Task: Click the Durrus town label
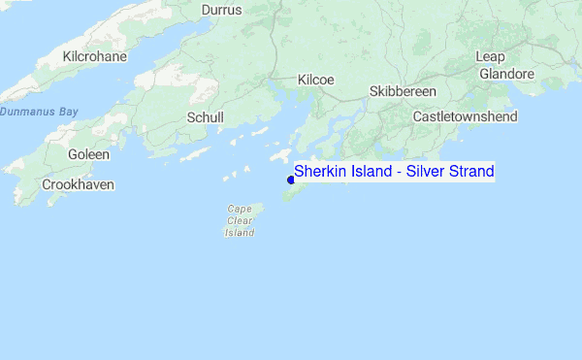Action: (x=221, y=10)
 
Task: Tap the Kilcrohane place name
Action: (x=94, y=57)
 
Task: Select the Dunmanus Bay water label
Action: (x=39, y=112)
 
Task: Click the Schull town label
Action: (x=205, y=117)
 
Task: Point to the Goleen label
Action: (x=88, y=154)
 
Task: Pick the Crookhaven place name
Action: (x=79, y=184)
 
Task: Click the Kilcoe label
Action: (x=316, y=80)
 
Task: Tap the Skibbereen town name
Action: (x=404, y=91)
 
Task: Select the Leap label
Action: (x=490, y=56)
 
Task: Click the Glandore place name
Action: (x=505, y=73)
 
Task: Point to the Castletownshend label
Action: (x=466, y=116)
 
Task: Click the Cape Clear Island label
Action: (x=240, y=220)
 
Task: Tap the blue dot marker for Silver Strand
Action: (x=291, y=180)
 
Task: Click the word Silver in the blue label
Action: (x=425, y=172)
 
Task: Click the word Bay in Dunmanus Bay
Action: (x=67, y=112)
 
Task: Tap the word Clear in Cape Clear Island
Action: (x=240, y=220)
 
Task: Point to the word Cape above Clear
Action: (x=240, y=209)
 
